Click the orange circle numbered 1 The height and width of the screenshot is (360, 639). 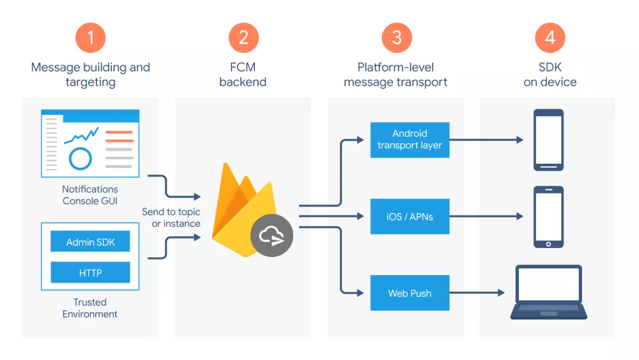(x=90, y=37)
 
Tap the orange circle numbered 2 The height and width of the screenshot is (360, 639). (x=243, y=37)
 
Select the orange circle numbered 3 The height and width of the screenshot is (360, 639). (x=396, y=37)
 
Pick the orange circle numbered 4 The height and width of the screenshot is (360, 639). (x=550, y=37)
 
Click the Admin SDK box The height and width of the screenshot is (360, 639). (x=90, y=242)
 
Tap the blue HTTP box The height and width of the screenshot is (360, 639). (x=90, y=272)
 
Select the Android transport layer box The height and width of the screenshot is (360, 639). (x=410, y=139)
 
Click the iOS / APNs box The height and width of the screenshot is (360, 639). (x=410, y=217)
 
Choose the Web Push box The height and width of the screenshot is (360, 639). (x=410, y=293)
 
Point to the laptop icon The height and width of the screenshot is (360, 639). (x=548, y=292)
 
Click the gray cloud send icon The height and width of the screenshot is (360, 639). (x=272, y=236)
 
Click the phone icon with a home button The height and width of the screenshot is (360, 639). (x=548, y=217)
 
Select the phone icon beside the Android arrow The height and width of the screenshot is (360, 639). (x=548, y=140)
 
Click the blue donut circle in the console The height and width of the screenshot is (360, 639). (x=81, y=158)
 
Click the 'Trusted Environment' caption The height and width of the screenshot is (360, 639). (x=90, y=308)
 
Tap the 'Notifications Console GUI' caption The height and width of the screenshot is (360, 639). (x=90, y=195)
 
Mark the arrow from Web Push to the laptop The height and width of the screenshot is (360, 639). (x=476, y=293)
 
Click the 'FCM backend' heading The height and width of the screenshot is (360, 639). (x=243, y=75)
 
